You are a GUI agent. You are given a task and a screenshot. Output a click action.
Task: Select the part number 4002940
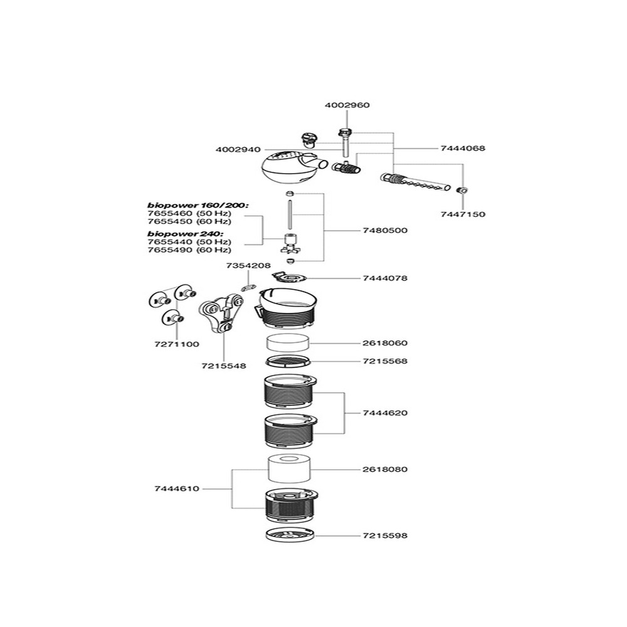point(238,149)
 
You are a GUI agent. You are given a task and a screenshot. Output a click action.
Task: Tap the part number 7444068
point(463,149)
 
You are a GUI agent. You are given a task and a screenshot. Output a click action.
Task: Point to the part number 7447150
point(463,214)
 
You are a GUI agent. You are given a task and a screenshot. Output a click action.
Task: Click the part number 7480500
point(385,230)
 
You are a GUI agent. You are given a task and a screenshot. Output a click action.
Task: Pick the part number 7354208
point(248,266)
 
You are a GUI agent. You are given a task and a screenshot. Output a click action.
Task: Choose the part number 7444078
point(385,278)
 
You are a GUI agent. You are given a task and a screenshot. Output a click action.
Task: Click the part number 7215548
point(224,366)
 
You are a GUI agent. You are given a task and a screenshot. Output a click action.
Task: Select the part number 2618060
point(385,343)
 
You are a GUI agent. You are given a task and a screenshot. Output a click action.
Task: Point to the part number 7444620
point(385,413)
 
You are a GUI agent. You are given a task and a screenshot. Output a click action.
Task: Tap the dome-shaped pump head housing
point(288,167)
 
